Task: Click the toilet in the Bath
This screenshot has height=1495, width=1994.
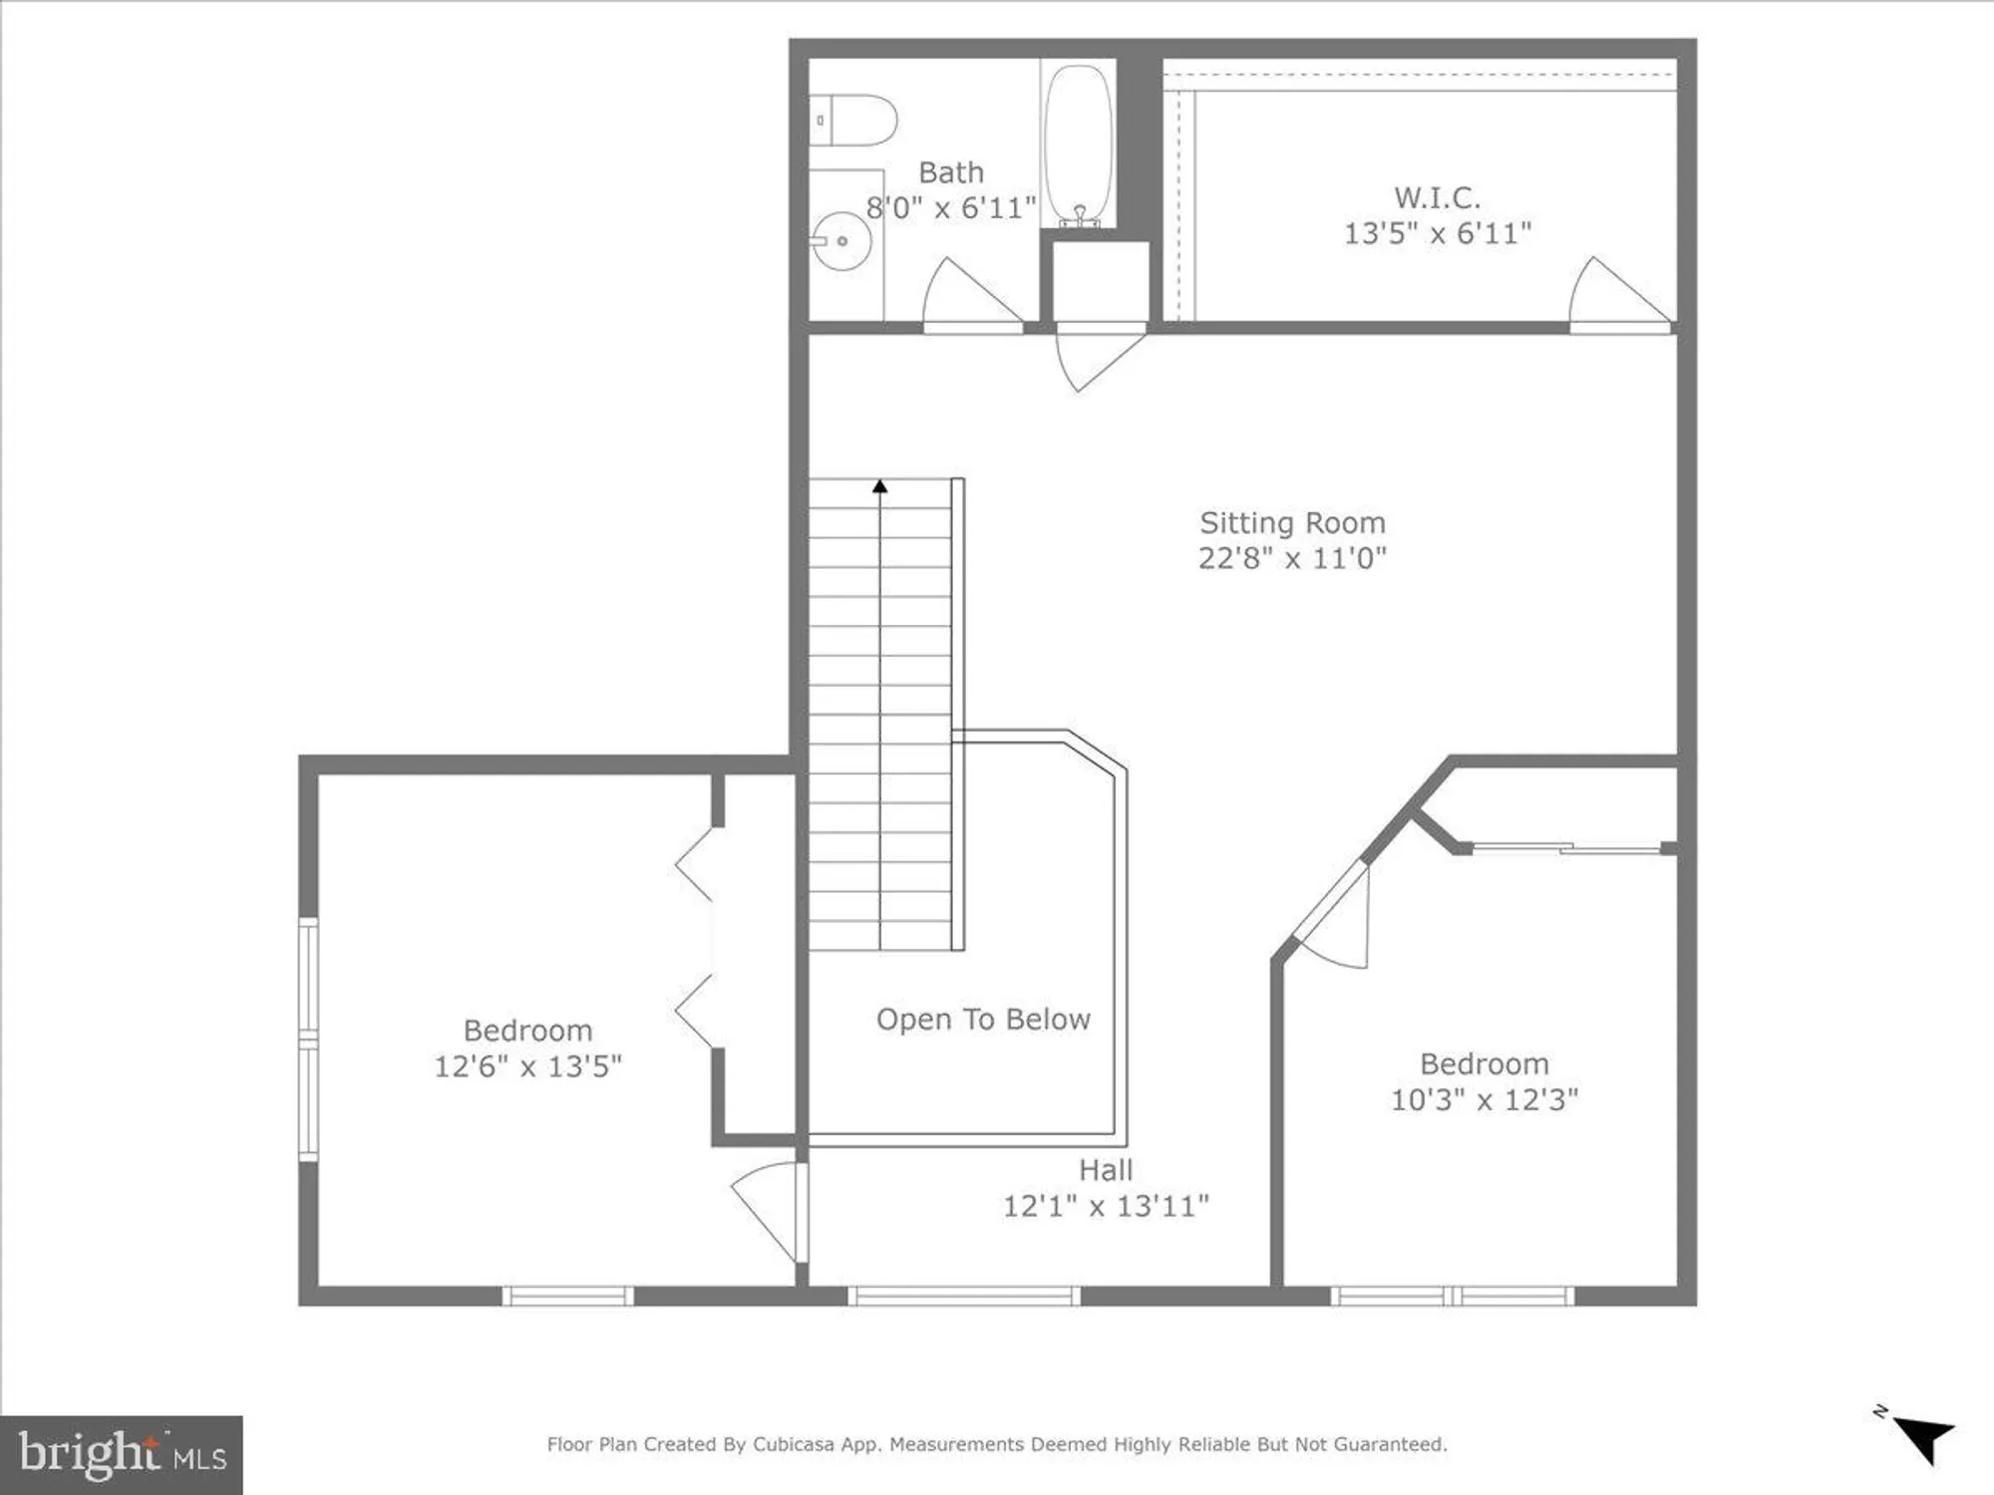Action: coord(853,121)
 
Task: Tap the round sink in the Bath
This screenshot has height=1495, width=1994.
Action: coord(841,241)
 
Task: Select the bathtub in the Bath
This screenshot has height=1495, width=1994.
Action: coord(1078,145)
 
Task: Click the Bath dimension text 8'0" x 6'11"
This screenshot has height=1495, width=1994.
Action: coord(950,208)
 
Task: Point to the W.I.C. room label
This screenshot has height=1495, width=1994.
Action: coord(1437,197)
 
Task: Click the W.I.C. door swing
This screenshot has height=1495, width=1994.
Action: coord(1615,296)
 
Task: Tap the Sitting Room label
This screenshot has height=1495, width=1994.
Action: coord(1292,522)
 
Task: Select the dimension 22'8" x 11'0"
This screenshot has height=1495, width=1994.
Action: coord(1292,558)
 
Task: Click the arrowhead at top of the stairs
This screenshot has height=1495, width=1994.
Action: coord(879,486)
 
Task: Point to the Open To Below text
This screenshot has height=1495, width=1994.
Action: coord(983,1020)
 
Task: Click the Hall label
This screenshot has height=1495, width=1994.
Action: coord(1106,1169)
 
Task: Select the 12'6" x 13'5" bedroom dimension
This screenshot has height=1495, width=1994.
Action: coord(527,1066)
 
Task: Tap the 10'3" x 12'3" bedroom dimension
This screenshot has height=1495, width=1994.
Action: coord(1485,1099)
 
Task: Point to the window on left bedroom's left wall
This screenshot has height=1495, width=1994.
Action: coord(309,1039)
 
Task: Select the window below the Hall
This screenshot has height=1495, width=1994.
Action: coord(964,1296)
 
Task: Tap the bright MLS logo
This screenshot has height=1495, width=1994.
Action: coord(122,1454)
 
